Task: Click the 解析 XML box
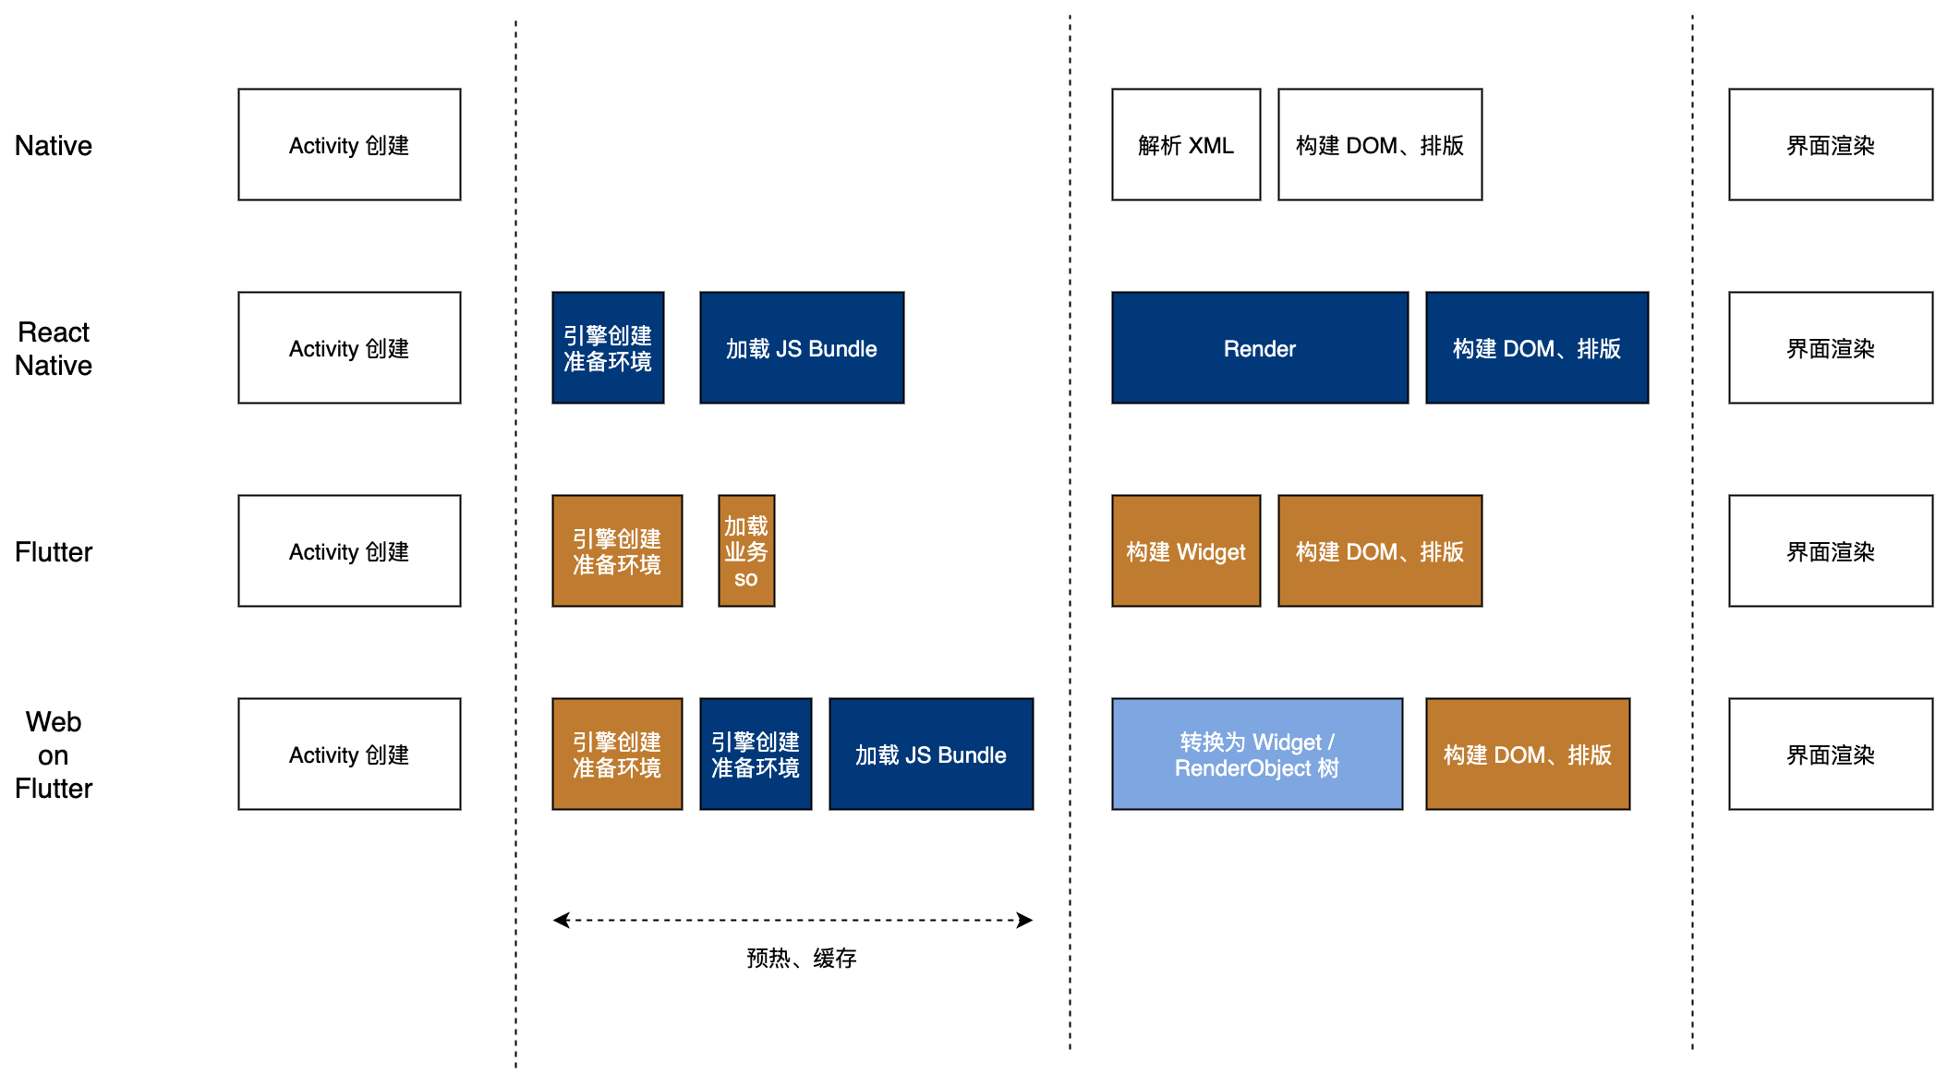click(1185, 145)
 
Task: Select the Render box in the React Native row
click(1259, 348)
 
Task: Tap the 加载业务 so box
click(746, 551)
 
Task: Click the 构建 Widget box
click(1185, 551)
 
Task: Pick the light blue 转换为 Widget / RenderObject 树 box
click(1256, 754)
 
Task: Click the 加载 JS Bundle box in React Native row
click(801, 348)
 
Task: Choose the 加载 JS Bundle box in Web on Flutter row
click(930, 754)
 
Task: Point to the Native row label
click(54, 146)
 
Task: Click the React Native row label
click(54, 349)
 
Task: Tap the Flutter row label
click(54, 552)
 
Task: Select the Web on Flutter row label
click(54, 755)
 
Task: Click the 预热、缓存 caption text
click(801, 959)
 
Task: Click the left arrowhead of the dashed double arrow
click(560, 920)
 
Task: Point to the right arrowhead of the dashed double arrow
click(1025, 920)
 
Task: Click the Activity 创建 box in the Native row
click(349, 145)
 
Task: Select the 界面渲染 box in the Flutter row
click(1830, 551)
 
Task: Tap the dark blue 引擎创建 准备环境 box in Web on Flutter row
click(756, 754)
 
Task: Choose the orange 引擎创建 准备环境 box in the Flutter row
click(617, 551)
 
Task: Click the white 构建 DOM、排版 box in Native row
click(1379, 145)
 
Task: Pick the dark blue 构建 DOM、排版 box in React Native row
click(1536, 348)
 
